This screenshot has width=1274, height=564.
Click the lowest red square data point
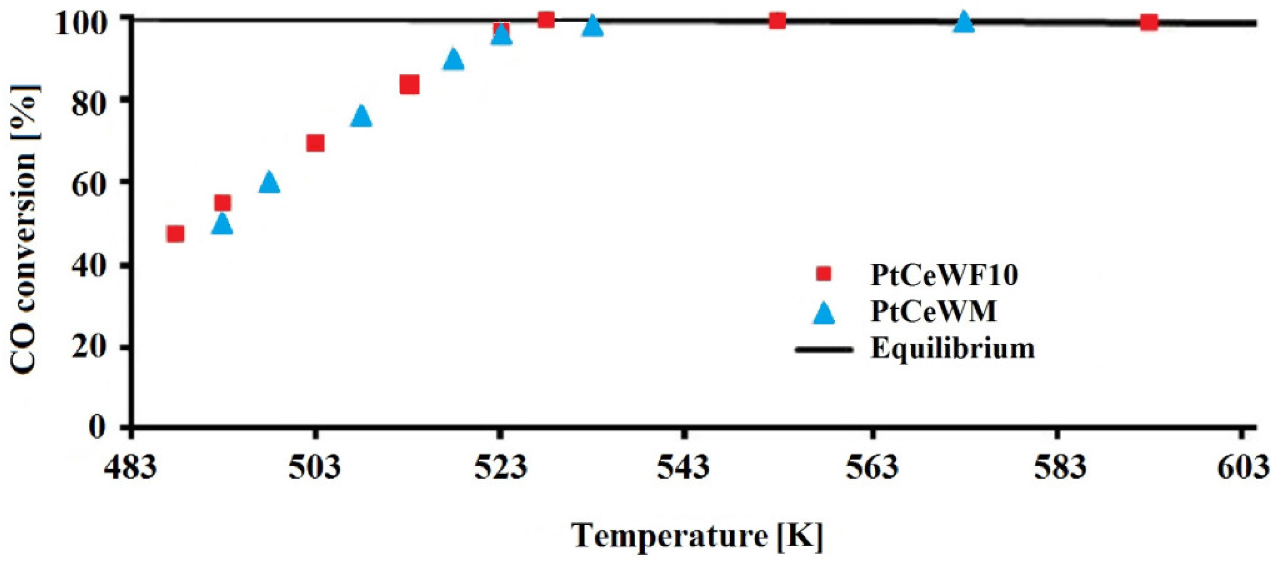click(x=175, y=234)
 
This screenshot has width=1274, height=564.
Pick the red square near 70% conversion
click(x=315, y=143)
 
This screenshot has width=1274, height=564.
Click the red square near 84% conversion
click(x=409, y=85)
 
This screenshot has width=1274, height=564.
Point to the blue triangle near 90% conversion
click(x=454, y=60)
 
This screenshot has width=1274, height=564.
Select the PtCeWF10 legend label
click(x=944, y=275)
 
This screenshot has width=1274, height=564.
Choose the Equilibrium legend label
click(x=952, y=348)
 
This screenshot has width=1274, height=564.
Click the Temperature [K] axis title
click(x=698, y=536)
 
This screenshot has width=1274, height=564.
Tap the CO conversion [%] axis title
click(x=25, y=229)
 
